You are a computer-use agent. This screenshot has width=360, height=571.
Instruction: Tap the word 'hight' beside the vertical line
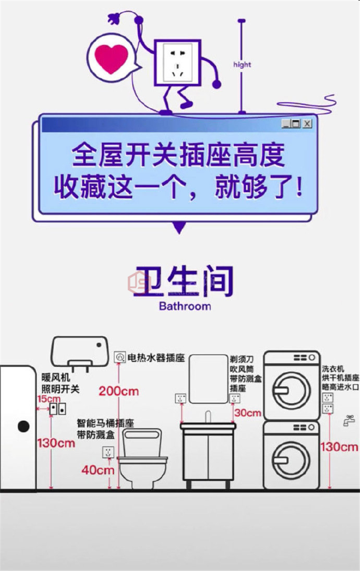click(242, 65)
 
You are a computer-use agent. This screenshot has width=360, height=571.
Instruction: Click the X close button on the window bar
click(307, 124)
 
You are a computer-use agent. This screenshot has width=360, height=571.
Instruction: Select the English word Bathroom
click(185, 306)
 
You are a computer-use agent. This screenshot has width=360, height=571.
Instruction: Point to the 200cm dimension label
click(118, 391)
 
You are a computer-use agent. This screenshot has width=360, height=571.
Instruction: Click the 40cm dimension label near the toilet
click(98, 470)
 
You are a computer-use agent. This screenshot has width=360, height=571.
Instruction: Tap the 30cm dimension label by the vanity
click(248, 413)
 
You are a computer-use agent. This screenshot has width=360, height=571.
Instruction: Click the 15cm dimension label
click(49, 399)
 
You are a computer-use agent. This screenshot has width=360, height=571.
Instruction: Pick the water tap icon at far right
click(349, 420)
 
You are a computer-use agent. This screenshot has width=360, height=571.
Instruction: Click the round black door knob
click(23, 427)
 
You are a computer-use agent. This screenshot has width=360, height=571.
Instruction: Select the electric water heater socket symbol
click(120, 357)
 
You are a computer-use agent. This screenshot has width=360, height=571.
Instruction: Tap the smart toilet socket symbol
click(108, 452)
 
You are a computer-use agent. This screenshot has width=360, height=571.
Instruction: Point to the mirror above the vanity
click(208, 379)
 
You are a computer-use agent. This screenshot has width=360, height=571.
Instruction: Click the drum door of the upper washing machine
click(292, 390)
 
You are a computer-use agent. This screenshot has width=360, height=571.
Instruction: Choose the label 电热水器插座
click(156, 358)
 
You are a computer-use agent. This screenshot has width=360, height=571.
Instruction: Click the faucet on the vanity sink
click(208, 417)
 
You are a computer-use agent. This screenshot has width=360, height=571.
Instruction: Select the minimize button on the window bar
click(286, 124)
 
